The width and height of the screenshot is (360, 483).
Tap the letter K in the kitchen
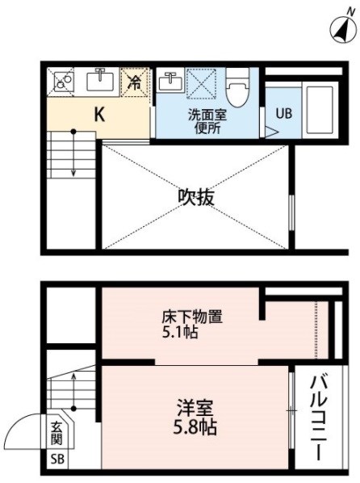99,115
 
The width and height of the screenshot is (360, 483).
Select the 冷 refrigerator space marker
134,82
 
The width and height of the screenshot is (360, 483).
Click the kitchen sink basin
100,80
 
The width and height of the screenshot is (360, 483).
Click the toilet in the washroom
237,87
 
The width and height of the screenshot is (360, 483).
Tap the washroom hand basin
170,81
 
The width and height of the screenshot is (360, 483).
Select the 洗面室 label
207,115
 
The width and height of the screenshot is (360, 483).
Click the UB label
283,114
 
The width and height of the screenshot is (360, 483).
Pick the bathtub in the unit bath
320,110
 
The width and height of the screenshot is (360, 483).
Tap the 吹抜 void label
196,197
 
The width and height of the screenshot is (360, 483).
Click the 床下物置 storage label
192,317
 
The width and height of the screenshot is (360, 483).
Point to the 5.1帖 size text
180,333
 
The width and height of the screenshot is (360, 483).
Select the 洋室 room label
195,408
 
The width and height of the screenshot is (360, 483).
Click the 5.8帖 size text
195,427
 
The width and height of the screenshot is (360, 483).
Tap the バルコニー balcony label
319,418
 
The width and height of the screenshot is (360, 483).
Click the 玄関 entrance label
57,433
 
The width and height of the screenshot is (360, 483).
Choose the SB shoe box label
57,460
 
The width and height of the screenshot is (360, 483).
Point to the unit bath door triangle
271,132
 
